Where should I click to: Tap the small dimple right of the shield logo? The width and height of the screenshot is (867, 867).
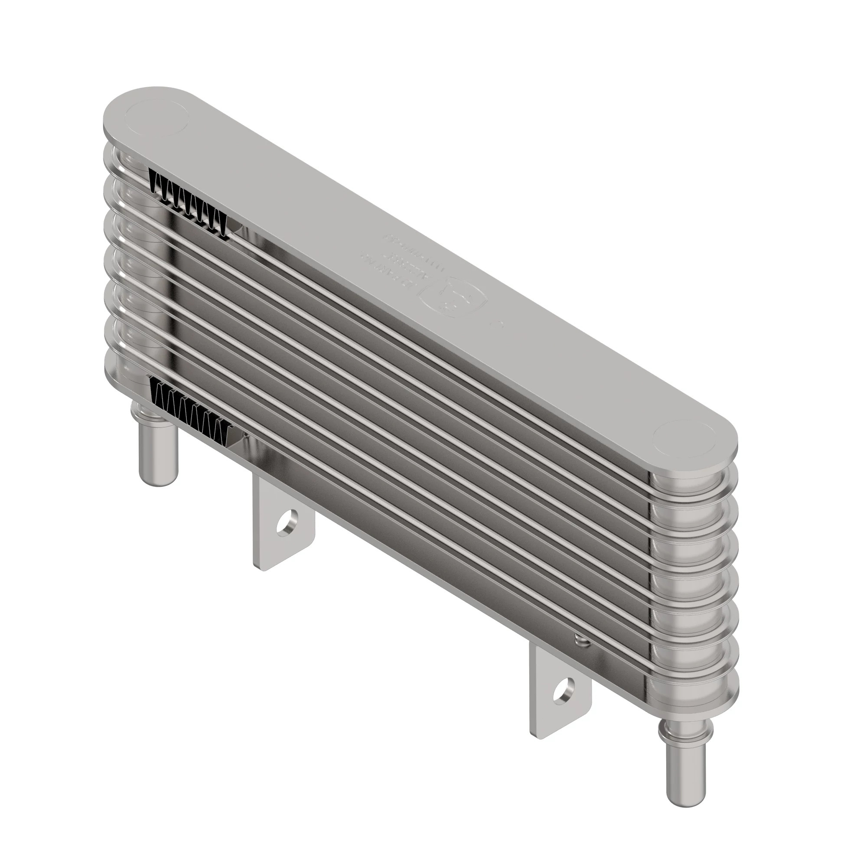497,324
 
